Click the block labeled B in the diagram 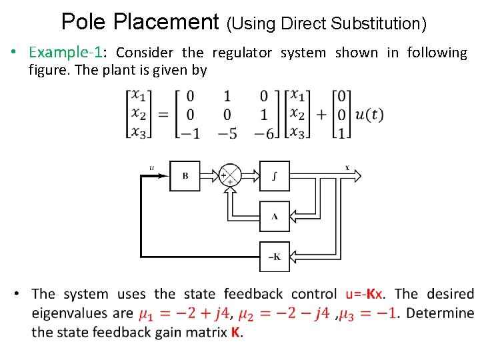185,176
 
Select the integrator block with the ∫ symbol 274,176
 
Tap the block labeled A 274,216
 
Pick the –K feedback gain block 274,257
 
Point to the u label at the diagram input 151,167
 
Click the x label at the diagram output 347,167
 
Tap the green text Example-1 65,53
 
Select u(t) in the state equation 369,115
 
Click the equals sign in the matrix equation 163,115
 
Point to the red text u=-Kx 365,294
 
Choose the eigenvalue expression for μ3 369,313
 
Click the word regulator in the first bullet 243,53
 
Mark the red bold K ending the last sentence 235,332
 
